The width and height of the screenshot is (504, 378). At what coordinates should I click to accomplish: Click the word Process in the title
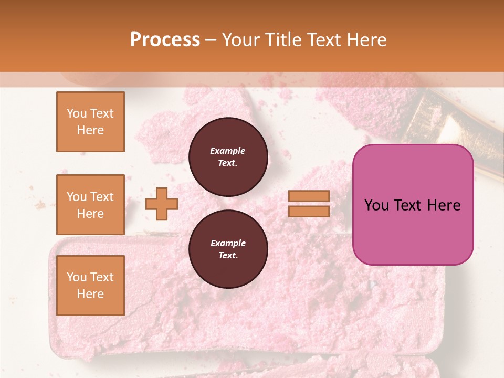pos(165,40)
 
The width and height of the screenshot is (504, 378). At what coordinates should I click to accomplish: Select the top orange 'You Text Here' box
pos(90,122)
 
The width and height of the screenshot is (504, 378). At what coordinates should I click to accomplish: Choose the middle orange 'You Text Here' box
pos(90,205)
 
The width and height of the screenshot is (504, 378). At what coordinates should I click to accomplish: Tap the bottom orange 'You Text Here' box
pos(90,286)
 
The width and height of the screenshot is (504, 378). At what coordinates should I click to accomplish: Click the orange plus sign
pos(161,204)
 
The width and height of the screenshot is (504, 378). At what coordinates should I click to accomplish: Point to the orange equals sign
pos(309,204)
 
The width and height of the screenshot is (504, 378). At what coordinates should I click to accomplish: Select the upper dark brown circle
pos(228,157)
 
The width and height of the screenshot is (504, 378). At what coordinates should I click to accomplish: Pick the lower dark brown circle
pos(228,249)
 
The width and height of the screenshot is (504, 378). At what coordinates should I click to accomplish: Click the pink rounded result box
pos(413,205)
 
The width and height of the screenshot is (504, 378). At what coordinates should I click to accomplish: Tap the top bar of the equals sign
pos(309,196)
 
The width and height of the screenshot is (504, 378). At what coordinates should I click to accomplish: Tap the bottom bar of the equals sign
pos(309,211)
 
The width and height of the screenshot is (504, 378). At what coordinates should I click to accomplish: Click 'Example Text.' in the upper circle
pos(228,157)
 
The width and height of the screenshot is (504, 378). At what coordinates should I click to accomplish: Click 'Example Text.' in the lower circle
pos(228,249)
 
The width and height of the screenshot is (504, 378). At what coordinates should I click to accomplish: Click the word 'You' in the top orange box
pos(76,113)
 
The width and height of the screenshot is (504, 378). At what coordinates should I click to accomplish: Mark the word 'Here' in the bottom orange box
pos(90,294)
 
